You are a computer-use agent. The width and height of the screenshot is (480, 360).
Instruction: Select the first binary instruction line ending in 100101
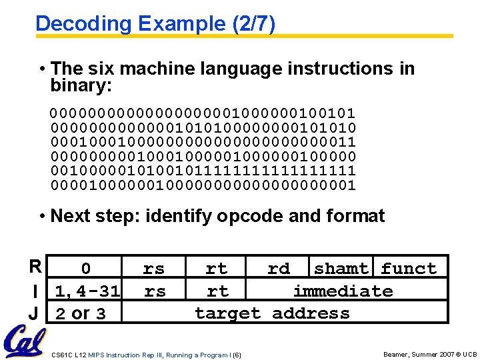pyautogui.click(x=203, y=113)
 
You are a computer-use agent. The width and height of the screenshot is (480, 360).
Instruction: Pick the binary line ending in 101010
pyautogui.click(x=203, y=127)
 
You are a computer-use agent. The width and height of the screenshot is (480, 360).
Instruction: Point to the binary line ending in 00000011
pyautogui.click(x=203, y=142)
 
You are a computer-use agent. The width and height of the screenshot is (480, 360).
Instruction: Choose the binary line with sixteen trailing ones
pyautogui.click(x=203, y=171)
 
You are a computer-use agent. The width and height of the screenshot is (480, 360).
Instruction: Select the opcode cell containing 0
pyautogui.click(x=85, y=269)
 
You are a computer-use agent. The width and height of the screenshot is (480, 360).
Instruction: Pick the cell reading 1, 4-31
pyautogui.click(x=87, y=291)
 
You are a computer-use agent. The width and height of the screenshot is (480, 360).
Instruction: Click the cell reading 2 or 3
pyautogui.click(x=80, y=313)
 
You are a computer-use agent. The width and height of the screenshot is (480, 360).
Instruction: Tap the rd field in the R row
pyautogui.click(x=279, y=269)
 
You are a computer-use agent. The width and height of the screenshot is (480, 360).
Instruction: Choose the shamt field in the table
pyautogui.click(x=341, y=269)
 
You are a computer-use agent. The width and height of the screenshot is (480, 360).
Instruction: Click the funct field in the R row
pyautogui.click(x=409, y=269)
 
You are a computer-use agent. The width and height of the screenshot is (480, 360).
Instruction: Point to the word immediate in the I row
pyautogui.click(x=343, y=291)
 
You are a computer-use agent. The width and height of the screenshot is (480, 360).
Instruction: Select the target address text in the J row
pyautogui.click(x=272, y=313)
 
